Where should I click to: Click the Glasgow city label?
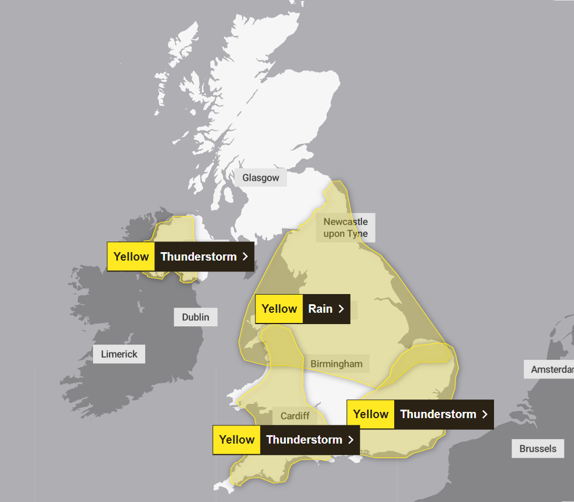tap(261, 178)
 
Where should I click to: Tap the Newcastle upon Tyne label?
tap(346, 228)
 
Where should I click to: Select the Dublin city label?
tap(196, 317)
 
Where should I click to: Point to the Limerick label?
tap(119, 354)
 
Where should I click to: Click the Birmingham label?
tap(336, 364)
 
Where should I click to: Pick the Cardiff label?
tap(295, 416)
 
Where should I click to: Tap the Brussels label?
tap(538, 449)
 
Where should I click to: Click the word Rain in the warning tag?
tap(320, 309)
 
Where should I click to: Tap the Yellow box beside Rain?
tap(279, 309)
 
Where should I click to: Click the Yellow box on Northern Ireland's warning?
tap(131, 256)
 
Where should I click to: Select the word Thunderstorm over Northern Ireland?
tap(199, 256)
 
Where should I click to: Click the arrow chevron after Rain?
tap(341, 309)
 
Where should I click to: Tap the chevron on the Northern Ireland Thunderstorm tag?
tap(245, 256)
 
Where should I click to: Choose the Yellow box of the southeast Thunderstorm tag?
tap(371, 414)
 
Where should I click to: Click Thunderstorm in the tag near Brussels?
tap(438, 414)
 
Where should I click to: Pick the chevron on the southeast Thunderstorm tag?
tap(484, 414)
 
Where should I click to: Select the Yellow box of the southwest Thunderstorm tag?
tap(237, 439)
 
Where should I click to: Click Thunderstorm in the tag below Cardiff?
tap(304, 439)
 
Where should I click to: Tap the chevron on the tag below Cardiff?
tap(350, 439)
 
